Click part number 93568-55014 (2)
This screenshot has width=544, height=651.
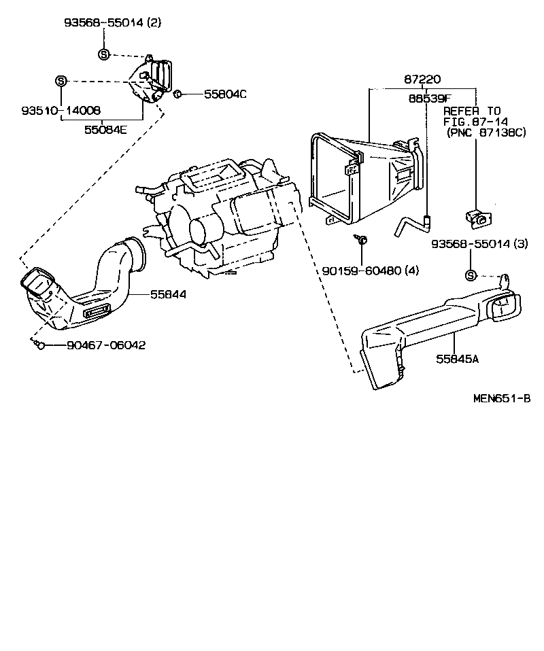[113, 22]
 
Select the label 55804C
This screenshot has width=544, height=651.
[224, 94]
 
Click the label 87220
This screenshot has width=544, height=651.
[422, 80]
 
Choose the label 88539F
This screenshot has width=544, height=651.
[430, 98]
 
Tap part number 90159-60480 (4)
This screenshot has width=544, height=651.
[370, 270]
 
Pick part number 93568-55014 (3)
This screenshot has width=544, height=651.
[479, 243]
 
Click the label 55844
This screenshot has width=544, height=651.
[168, 294]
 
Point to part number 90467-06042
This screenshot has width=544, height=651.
[106, 345]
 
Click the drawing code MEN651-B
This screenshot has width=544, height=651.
[501, 398]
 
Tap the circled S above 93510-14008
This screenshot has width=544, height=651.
[61, 81]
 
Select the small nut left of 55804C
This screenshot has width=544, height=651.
[176, 94]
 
